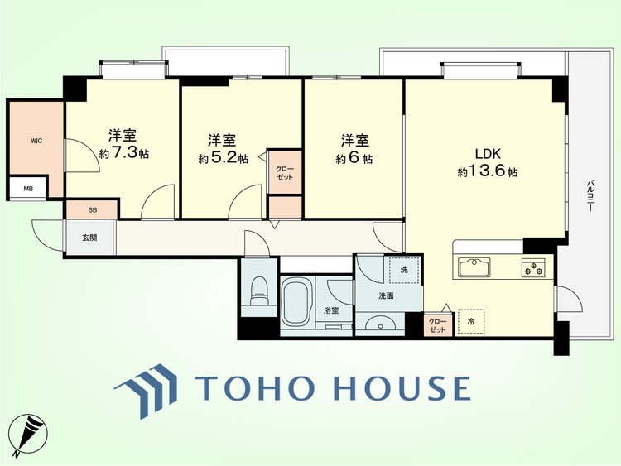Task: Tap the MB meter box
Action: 28,188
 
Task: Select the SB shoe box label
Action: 93,210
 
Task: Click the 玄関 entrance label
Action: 90,238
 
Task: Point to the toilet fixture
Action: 259,291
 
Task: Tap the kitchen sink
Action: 474,267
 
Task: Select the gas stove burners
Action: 533,267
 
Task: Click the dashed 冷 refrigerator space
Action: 471,322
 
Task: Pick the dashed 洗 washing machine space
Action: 403,271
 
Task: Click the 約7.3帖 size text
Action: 124,154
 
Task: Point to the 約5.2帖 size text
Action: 224,158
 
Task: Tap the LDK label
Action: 489,154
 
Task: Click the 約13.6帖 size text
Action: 488,171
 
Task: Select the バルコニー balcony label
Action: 590,196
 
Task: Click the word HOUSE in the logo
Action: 403,387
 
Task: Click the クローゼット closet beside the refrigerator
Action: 438,325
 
